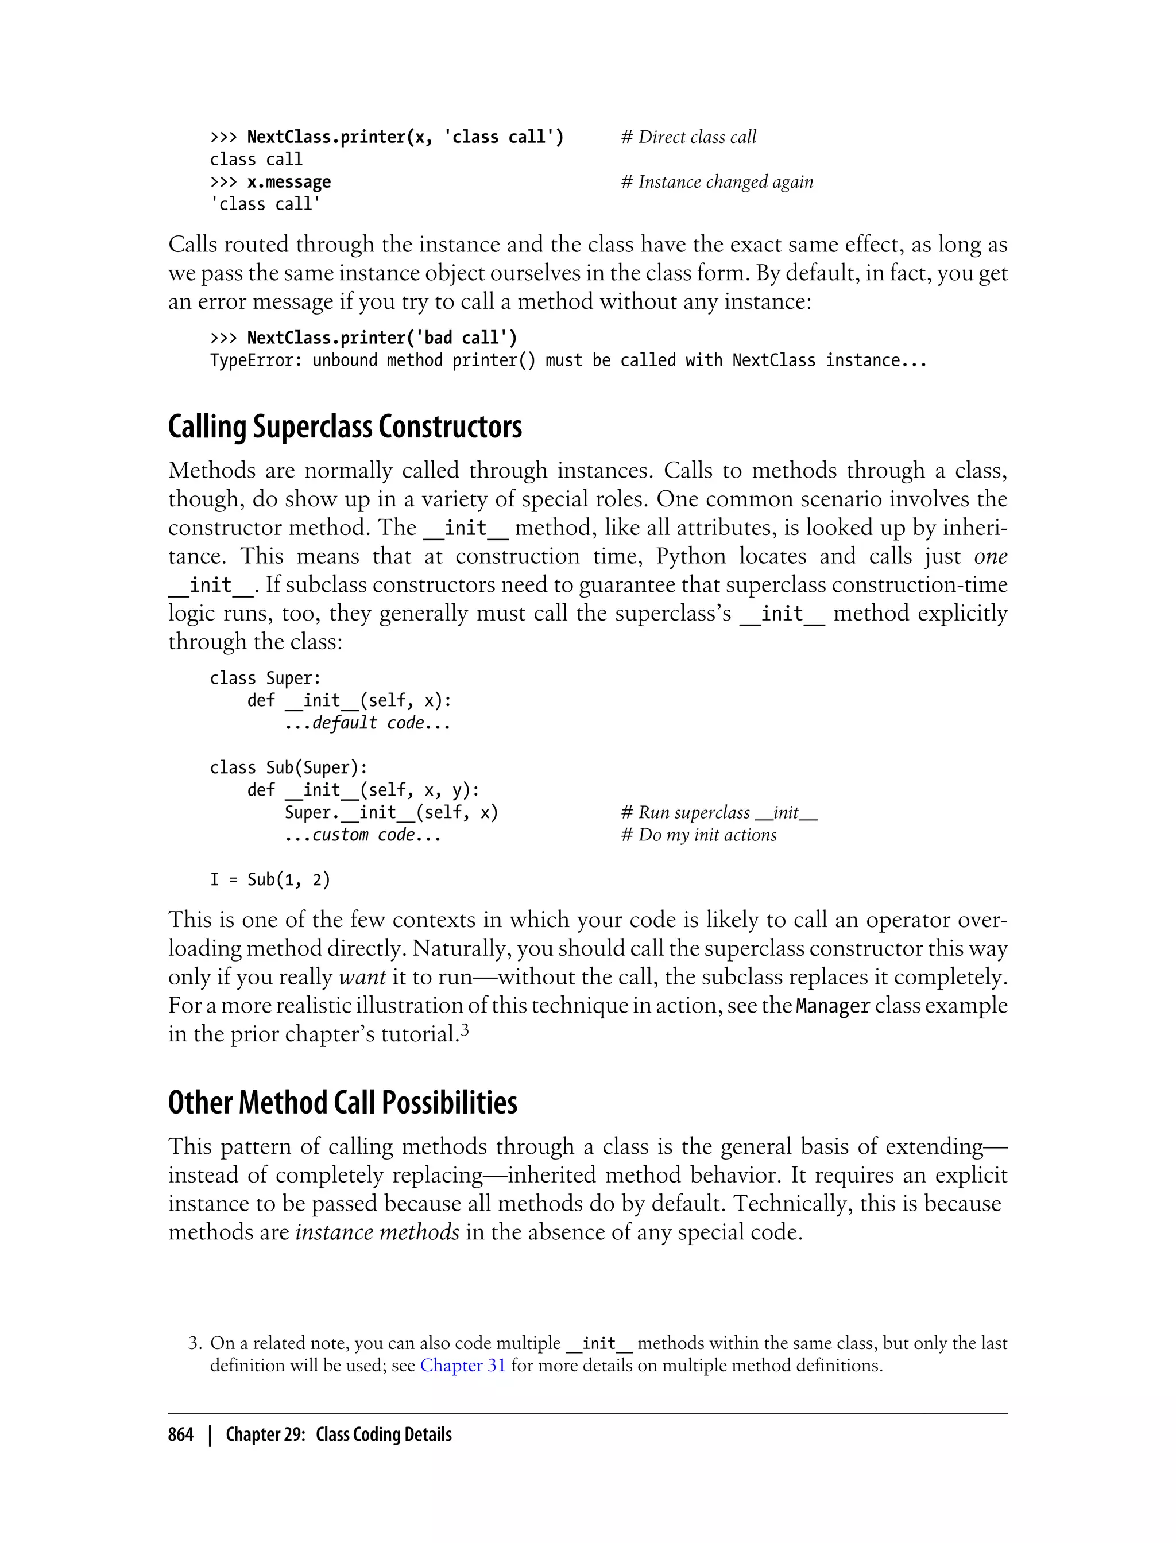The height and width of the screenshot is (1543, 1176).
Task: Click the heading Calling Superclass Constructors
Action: tap(345, 427)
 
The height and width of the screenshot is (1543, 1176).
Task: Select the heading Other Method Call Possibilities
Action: tap(342, 1102)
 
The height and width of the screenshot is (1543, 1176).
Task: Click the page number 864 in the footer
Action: tap(181, 1435)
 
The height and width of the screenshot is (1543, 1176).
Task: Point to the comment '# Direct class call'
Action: tap(689, 137)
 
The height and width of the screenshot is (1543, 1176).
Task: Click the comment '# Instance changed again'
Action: tap(717, 182)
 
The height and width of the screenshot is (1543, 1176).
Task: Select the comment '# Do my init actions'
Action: tap(699, 835)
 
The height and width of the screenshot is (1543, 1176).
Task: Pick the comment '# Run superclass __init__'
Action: tap(719, 812)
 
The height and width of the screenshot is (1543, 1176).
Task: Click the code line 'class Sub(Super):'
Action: tap(288, 767)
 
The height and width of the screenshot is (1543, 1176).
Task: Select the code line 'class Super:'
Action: tap(265, 678)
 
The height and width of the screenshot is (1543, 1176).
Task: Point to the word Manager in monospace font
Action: tap(833, 1006)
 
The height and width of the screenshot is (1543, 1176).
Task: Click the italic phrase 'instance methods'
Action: tap(377, 1232)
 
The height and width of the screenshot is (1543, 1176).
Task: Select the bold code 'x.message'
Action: tap(288, 182)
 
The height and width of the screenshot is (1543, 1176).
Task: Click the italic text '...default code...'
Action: tap(367, 723)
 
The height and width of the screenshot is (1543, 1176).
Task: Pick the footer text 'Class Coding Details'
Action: tap(384, 1435)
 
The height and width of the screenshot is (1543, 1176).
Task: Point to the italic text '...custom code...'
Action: tap(362, 835)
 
